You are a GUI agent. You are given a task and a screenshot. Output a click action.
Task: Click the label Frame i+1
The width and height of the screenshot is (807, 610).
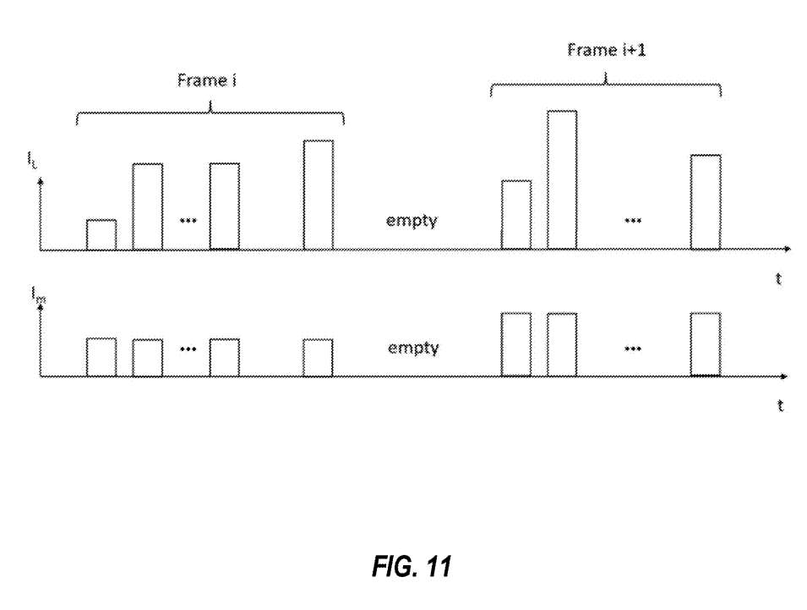tap(601, 50)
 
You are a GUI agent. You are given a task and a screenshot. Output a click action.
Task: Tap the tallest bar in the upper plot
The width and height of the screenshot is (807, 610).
tap(562, 179)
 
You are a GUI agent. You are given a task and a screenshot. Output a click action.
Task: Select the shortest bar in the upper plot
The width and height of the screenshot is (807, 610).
tap(101, 234)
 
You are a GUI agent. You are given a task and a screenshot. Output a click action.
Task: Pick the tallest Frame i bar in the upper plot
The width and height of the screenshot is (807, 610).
tap(318, 195)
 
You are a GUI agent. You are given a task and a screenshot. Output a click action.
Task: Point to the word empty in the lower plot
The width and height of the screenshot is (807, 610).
tap(412, 348)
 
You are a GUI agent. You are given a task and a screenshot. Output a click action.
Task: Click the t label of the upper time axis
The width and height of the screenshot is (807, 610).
tap(778, 278)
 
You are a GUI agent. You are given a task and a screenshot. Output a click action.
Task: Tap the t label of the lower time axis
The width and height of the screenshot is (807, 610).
tap(778, 406)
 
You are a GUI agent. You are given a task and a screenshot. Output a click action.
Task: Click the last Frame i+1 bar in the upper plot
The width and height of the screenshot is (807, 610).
tap(705, 202)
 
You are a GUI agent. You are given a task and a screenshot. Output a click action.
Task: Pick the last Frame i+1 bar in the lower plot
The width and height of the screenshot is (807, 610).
tap(705, 344)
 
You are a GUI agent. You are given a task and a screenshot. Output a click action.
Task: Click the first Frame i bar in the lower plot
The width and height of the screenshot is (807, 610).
tap(101, 357)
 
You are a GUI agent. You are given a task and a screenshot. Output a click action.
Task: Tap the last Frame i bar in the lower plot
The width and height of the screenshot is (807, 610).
tap(318, 357)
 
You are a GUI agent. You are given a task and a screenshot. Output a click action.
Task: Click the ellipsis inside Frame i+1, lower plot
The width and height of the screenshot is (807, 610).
tap(631, 348)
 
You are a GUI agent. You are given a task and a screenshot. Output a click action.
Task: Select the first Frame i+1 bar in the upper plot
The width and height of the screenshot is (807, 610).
tap(516, 215)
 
